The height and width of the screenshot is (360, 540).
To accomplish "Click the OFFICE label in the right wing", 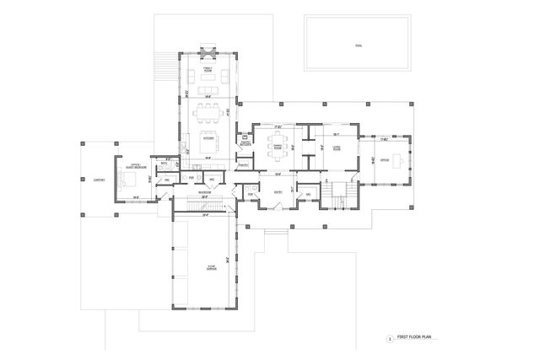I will [384, 159].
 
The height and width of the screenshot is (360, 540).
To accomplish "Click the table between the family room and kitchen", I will [208, 109].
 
